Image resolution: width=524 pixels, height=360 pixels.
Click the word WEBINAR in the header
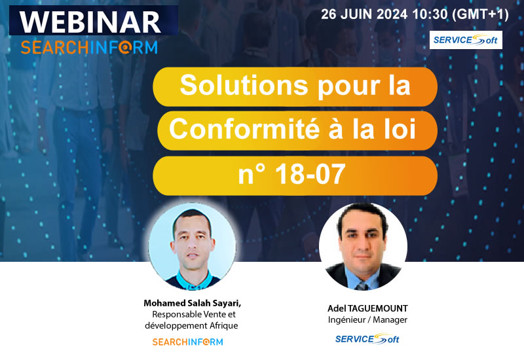click(90, 21)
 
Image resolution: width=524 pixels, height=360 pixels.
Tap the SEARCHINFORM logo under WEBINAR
click(89, 47)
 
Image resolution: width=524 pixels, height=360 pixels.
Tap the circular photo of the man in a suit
click(363, 246)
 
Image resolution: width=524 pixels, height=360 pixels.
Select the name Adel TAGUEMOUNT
click(367, 308)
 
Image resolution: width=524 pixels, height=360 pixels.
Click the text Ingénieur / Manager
click(367, 319)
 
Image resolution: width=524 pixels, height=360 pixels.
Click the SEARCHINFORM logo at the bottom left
click(187, 342)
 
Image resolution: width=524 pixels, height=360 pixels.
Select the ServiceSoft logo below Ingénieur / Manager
click(367, 338)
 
